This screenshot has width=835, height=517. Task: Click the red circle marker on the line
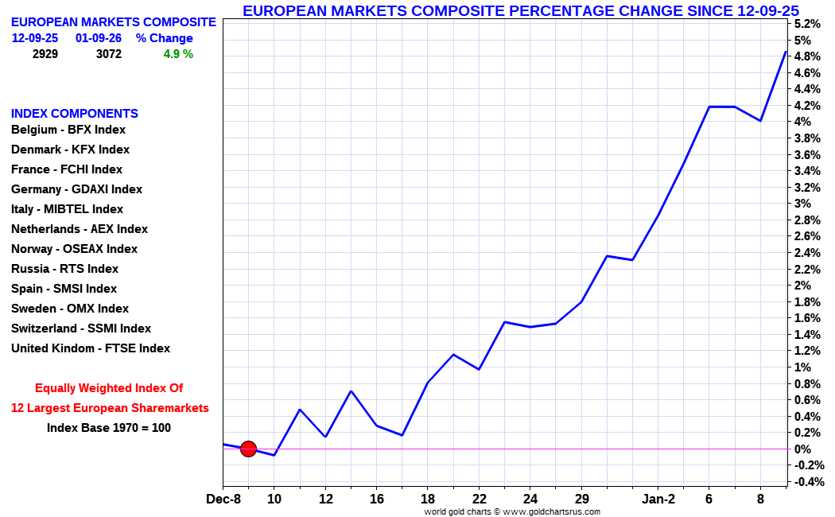click(248, 449)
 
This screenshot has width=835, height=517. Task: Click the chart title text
click(520, 10)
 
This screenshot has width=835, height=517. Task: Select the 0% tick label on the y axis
click(800, 449)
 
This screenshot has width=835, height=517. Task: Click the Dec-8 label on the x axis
click(223, 499)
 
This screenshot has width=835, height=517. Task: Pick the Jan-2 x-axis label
click(658, 499)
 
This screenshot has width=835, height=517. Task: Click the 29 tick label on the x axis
click(581, 499)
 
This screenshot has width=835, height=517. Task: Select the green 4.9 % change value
click(178, 54)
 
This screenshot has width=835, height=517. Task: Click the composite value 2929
click(45, 54)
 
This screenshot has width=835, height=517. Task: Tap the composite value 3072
click(108, 54)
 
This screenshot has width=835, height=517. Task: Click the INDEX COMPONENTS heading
click(75, 114)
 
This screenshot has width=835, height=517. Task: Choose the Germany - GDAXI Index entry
click(76, 189)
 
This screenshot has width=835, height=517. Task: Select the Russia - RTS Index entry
click(64, 269)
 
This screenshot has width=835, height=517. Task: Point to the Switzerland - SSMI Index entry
click(81, 328)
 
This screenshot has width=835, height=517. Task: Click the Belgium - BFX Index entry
click(68, 130)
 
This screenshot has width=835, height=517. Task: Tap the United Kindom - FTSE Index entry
click(91, 348)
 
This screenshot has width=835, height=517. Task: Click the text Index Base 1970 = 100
click(109, 428)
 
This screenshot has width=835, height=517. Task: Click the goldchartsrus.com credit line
click(511, 511)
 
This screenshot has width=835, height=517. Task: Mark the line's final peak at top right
click(786, 52)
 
